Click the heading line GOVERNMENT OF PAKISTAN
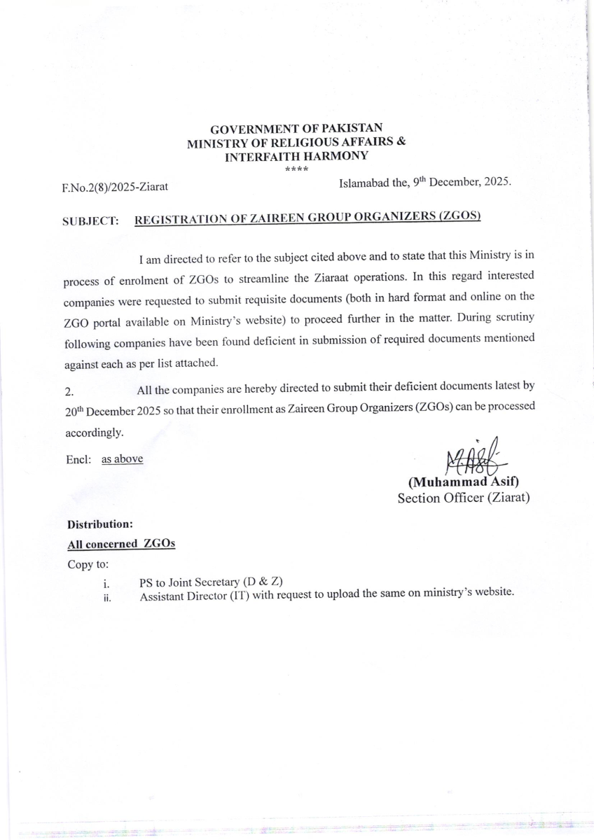tap(297, 129)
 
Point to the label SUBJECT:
tap(90, 220)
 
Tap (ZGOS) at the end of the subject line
tap(460, 216)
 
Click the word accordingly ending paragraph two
tap(93, 433)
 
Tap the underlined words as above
tap(122, 459)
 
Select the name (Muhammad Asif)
tap(463, 482)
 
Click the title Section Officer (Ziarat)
tap(464, 498)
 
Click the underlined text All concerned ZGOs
tap(121, 544)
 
